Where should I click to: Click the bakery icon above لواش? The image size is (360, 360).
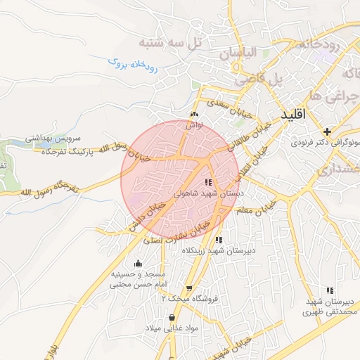pyautogui.click(x=195, y=115)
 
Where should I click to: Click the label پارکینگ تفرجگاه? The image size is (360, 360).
pyautogui.click(x=67, y=151)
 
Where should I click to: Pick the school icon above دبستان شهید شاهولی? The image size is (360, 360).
pyautogui.click(x=208, y=182)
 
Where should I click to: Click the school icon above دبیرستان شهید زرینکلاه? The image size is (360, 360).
pyautogui.click(x=219, y=240)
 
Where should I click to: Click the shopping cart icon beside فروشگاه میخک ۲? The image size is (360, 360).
pyautogui.click(x=189, y=288)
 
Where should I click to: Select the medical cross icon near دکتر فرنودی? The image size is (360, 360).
pyautogui.click(x=326, y=131)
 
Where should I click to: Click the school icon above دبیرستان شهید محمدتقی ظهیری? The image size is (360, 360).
pyautogui.click(x=329, y=290)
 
